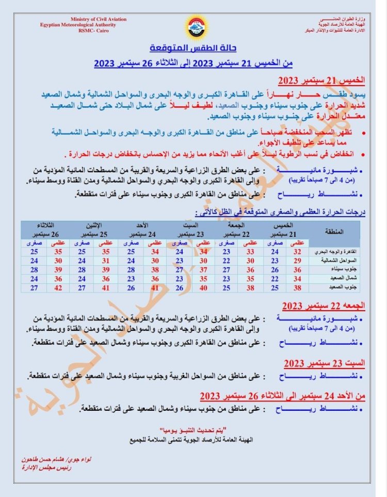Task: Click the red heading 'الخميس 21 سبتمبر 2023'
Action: pos(321,82)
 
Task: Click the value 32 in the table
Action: pos(297,251)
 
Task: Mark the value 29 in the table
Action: pos(297,261)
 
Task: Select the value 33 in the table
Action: pos(250,251)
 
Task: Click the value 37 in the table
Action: pos(203,269)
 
